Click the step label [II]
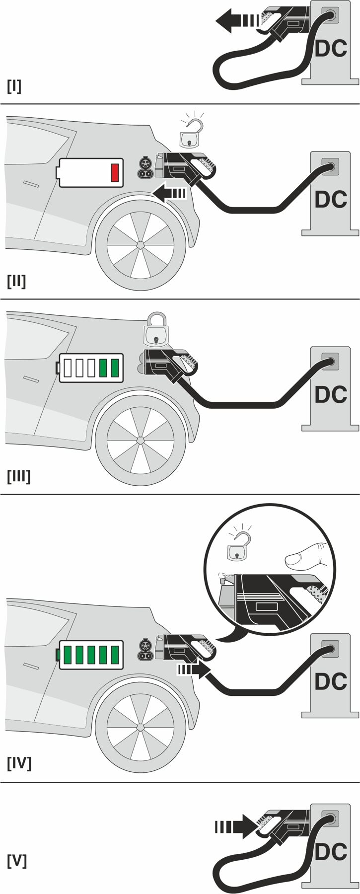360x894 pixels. coord(16,281)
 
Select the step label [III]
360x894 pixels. coord(18,476)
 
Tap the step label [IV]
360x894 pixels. coord(19,763)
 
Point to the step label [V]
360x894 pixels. coord(16,860)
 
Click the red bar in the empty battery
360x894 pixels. coord(115,172)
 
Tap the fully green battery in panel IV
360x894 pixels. coord(91,655)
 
